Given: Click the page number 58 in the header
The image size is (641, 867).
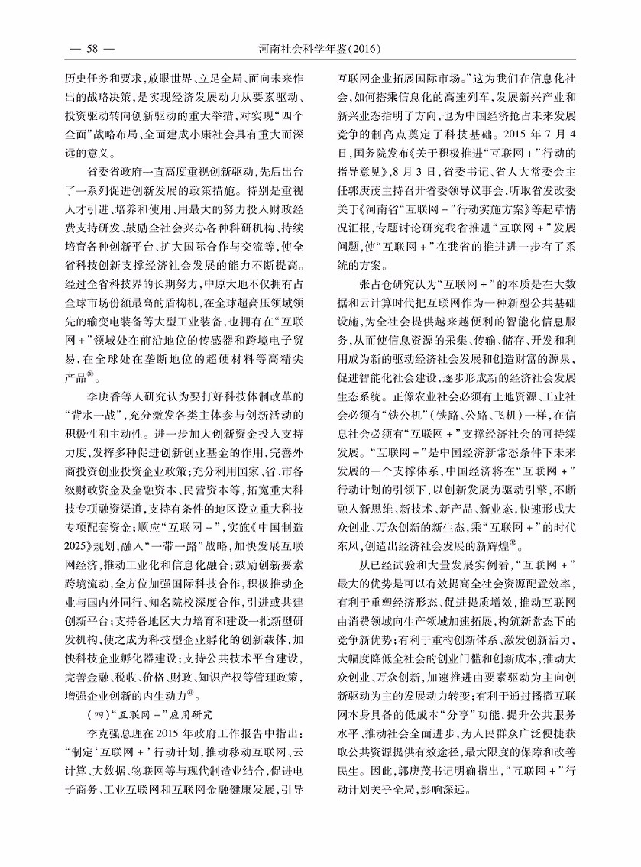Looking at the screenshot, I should [92, 50].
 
